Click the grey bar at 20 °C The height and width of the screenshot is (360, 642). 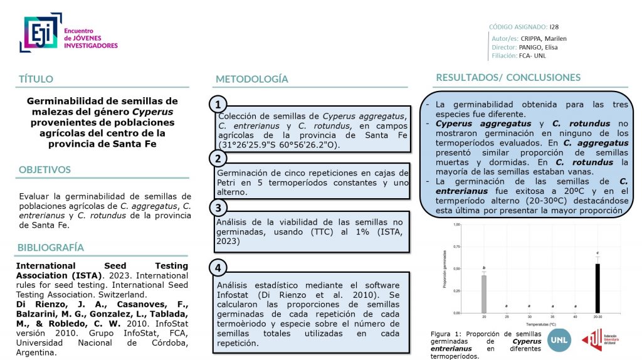tap(484, 294)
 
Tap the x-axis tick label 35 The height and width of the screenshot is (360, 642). tap(552, 317)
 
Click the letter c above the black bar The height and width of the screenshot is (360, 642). tap(597, 253)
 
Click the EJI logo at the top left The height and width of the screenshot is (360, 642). tap(41, 33)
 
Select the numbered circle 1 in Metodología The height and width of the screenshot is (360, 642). tap(217, 104)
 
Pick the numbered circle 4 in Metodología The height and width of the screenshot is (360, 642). tap(217, 268)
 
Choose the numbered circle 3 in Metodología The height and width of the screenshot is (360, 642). tap(217, 208)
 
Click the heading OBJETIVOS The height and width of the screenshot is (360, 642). tap(45, 170)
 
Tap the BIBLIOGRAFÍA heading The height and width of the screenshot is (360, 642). tap(51, 247)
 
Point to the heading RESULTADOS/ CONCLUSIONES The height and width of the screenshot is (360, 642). tap(508, 78)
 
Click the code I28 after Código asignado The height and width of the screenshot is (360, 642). tap(554, 27)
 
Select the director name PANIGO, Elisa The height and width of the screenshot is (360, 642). tap(538, 47)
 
